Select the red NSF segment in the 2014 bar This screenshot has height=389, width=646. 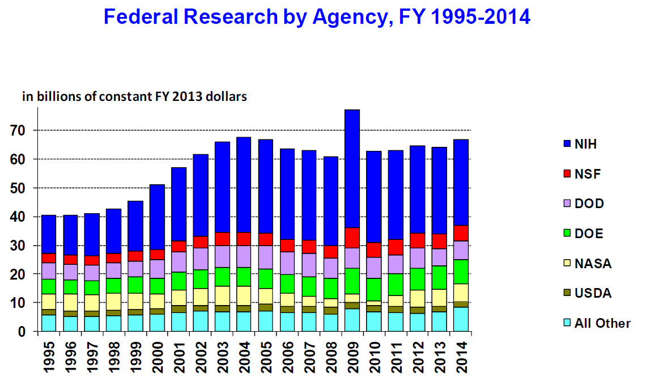(461, 233)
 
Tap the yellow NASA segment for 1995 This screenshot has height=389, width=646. (49, 302)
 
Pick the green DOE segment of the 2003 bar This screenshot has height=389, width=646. (222, 277)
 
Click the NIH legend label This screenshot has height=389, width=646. (585, 144)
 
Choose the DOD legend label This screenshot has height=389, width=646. (589, 204)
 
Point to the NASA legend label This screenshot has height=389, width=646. (593, 264)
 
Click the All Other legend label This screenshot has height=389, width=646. (602, 323)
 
